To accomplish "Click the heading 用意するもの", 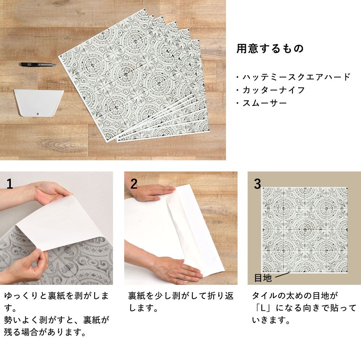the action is (x=270, y=48).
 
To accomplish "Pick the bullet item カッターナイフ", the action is (x=270, y=90).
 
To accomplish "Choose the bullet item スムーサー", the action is (x=261, y=103).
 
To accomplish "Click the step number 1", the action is (x=10, y=184).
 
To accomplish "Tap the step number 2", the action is (x=134, y=184).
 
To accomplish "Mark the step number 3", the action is (x=258, y=184).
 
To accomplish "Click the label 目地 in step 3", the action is (x=263, y=278).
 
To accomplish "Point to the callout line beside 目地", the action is (x=282, y=275).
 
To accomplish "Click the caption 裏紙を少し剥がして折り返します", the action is (x=181, y=301).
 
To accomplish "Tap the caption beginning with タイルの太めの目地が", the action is (x=304, y=308).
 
